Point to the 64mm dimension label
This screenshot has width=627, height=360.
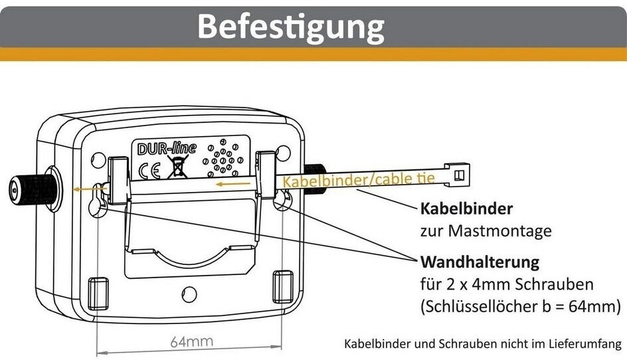191,342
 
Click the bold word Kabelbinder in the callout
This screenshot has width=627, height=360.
466,209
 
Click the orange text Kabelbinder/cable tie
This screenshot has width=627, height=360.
359,179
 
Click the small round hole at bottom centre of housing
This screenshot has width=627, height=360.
189,293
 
